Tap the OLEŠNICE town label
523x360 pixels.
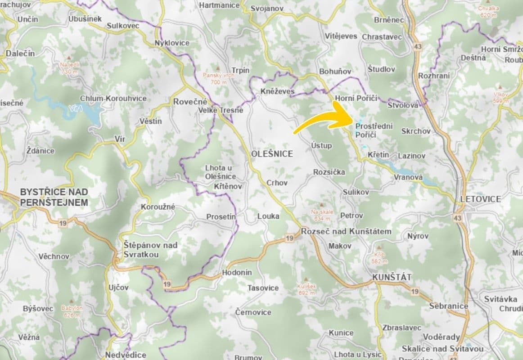(271, 154)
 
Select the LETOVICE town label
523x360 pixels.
(481, 199)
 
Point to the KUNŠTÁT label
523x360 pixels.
(392, 278)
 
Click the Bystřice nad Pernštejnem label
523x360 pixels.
(54, 197)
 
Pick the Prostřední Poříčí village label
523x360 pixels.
(374, 130)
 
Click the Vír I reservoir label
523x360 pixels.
(77, 108)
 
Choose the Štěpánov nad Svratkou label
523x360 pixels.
(150, 249)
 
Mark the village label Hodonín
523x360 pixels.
(237, 273)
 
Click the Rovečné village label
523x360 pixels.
(190, 102)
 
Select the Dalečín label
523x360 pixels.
(20, 53)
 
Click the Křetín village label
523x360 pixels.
(378, 155)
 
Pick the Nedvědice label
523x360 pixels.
(126, 355)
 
